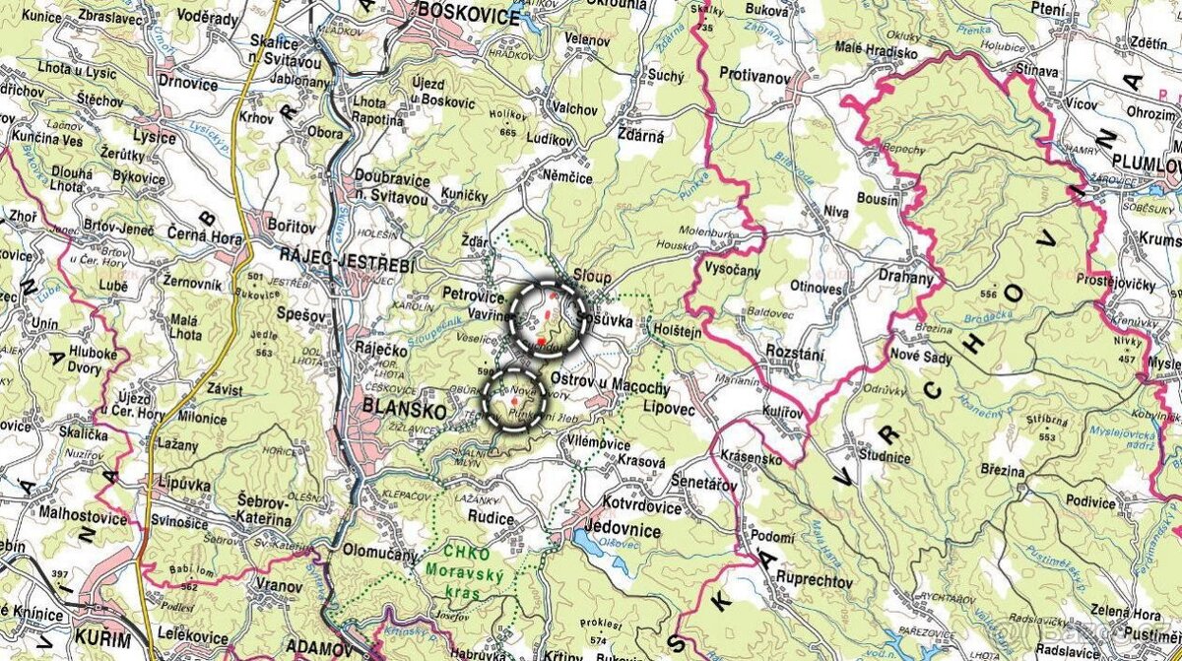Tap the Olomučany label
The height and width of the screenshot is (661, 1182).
click(380, 553)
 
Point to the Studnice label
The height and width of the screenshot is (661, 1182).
click(884, 456)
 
